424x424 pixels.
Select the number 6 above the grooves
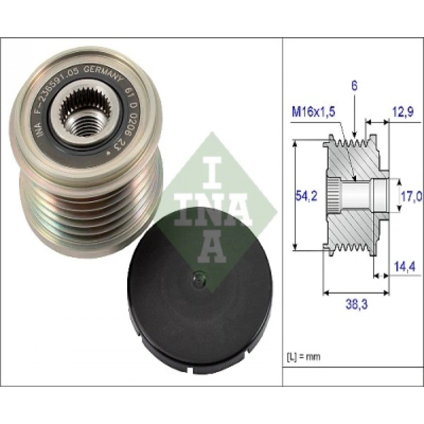[x=354, y=86]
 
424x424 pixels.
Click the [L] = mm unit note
[x=303, y=357]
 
